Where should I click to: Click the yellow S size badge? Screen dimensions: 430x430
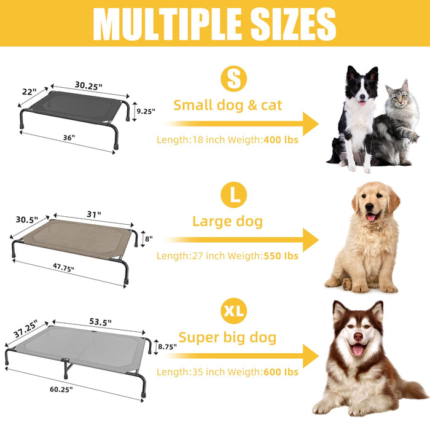click(x=233, y=79)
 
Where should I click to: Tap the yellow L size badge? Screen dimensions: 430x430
click(x=234, y=195)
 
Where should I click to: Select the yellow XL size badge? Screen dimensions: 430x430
click(x=233, y=312)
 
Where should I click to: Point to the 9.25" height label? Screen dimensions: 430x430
click(x=145, y=111)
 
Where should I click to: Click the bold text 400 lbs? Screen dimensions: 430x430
click(x=281, y=139)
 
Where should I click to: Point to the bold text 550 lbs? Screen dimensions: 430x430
click(x=281, y=256)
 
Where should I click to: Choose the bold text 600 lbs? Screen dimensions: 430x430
click(x=281, y=372)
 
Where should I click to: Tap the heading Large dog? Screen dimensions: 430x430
click(x=228, y=221)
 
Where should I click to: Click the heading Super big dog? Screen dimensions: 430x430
click(x=227, y=337)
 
